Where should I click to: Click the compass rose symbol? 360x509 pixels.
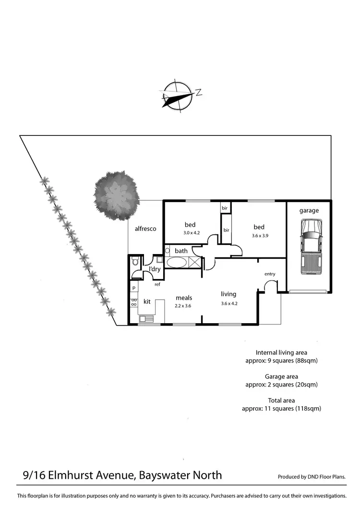click(x=178, y=94)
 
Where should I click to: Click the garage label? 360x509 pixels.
click(x=309, y=210)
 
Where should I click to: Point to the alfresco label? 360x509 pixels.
click(x=145, y=229)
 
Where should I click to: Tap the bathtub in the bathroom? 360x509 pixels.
click(x=178, y=263)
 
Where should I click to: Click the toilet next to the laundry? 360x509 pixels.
click(x=135, y=263)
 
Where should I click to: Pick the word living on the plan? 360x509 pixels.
click(x=228, y=294)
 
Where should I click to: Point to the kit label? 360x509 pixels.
click(x=147, y=302)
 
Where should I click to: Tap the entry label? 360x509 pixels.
click(x=270, y=274)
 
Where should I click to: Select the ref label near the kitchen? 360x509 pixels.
click(x=157, y=285)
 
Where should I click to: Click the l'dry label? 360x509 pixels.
click(x=155, y=269)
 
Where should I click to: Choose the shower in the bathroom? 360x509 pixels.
click(x=195, y=263)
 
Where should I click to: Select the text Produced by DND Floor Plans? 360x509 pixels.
click(x=312, y=477)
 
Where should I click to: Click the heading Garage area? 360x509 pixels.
click(x=281, y=376)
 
